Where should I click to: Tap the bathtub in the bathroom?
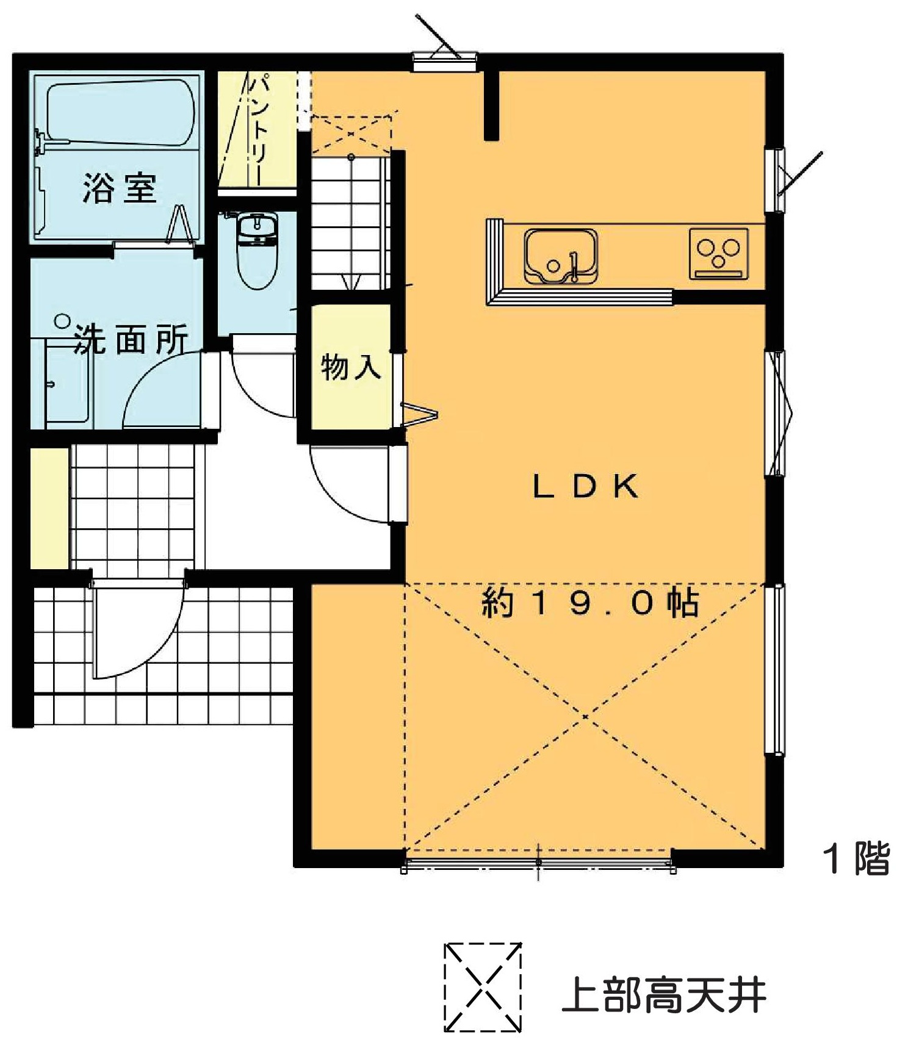pyautogui.click(x=121, y=112)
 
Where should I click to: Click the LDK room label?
pyautogui.click(x=586, y=486)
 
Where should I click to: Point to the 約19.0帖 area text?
pyautogui.click(x=589, y=603)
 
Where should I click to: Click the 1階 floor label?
pyautogui.click(x=857, y=858)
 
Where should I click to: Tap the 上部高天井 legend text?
pyautogui.click(x=663, y=996)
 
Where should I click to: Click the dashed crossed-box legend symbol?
pyautogui.click(x=483, y=988)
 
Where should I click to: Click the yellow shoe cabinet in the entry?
pyautogui.click(x=50, y=509)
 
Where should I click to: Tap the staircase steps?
pyautogui.click(x=349, y=223)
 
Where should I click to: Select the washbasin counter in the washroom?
pyautogui.click(x=68, y=382)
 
